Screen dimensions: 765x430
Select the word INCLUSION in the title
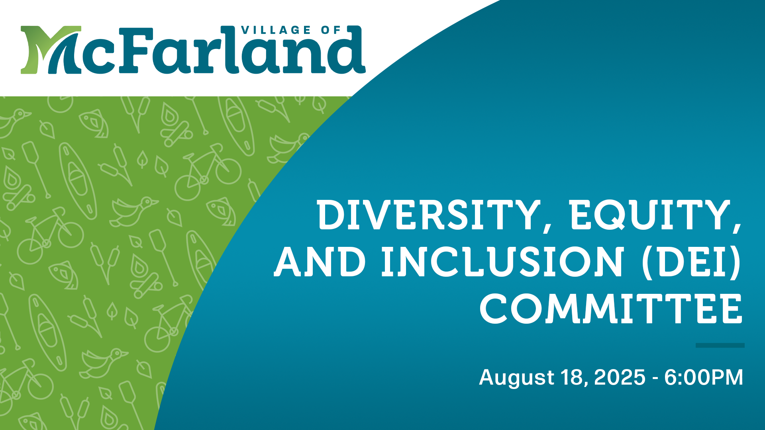(502, 262)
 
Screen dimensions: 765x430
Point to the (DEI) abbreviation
(691, 262)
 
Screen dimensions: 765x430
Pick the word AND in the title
(320, 262)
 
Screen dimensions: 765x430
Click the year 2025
(620, 377)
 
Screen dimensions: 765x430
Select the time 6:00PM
(704, 377)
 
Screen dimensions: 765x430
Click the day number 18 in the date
(572, 377)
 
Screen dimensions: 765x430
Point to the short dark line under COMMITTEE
(720, 345)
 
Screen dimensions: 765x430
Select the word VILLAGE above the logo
(276, 30)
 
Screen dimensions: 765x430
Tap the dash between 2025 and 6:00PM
(655, 379)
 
